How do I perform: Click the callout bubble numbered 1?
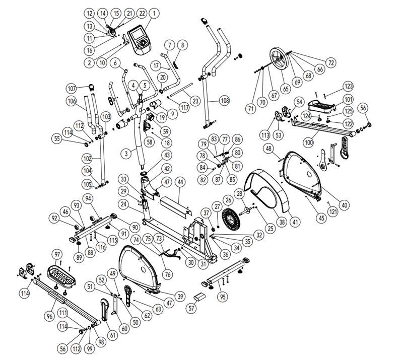(154, 13)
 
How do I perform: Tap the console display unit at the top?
(139, 39)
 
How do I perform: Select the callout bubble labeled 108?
(225, 101)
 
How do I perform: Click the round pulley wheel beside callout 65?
(278, 58)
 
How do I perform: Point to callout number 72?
(331, 63)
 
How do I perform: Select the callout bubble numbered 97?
(57, 253)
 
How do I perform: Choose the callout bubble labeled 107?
(71, 89)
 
